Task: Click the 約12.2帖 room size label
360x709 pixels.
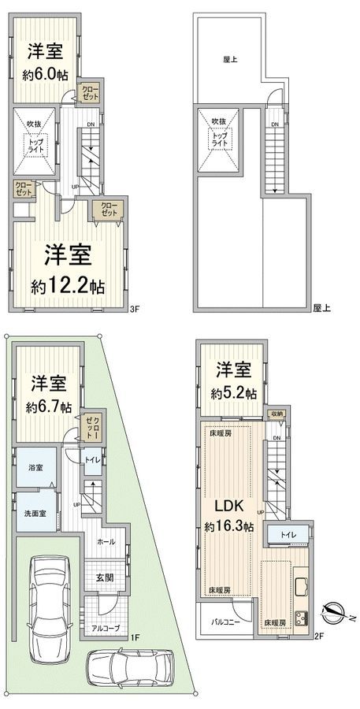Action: (67, 284)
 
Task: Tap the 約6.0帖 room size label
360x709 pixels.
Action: (45, 76)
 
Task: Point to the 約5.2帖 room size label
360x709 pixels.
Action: (234, 392)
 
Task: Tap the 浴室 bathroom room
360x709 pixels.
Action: (35, 466)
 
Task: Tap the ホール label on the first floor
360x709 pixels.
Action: (105, 542)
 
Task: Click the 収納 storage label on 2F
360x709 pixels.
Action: (276, 413)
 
